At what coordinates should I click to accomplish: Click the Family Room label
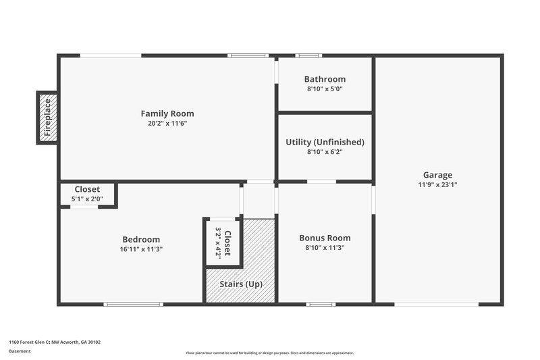coord(167,113)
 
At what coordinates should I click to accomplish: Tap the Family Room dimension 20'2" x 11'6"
coord(167,124)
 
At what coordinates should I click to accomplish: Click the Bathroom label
coord(325,79)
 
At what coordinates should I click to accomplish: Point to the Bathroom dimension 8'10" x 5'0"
coord(325,89)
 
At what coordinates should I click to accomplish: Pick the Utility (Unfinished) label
coord(325,142)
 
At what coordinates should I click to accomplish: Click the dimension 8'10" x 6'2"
coord(325,152)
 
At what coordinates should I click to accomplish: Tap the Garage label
coord(437,174)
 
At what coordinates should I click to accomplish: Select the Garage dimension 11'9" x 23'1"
coord(437,184)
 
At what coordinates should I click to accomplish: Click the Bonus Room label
coord(325,238)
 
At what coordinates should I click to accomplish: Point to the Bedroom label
coord(141,239)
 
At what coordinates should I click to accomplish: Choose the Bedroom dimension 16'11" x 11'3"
coord(141,249)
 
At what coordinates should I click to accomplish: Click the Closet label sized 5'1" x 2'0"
coord(87,189)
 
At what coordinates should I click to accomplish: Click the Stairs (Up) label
coord(241,284)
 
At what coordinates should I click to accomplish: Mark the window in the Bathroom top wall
coord(308,55)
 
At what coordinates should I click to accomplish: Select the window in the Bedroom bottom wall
coord(134,304)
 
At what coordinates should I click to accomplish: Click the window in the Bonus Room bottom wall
coord(321,304)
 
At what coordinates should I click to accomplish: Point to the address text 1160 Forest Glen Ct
coord(54,342)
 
